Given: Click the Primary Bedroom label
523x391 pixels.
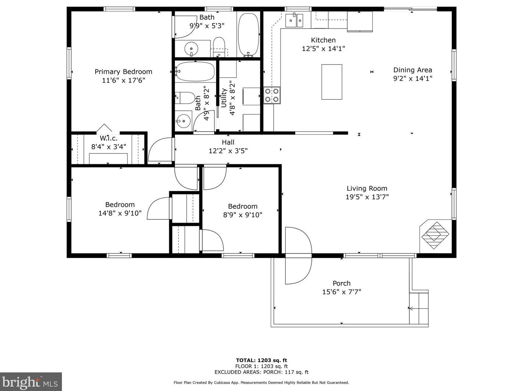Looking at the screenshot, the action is (x=123, y=72).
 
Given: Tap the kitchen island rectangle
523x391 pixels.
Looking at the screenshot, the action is (x=332, y=82).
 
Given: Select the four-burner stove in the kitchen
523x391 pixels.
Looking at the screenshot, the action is (x=272, y=95).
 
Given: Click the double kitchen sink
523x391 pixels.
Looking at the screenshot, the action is (x=294, y=21).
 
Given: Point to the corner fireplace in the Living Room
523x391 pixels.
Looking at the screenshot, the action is (x=436, y=235).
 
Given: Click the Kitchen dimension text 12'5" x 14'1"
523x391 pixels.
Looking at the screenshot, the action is (x=323, y=49).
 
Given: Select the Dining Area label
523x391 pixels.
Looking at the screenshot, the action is (x=413, y=70).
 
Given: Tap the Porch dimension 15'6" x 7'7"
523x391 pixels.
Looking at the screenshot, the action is (x=341, y=292).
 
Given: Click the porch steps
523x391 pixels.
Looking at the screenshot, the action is (x=418, y=308).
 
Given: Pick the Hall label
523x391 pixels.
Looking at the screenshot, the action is (x=228, y=142).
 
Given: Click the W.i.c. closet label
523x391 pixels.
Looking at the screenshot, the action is (x=109, y=138).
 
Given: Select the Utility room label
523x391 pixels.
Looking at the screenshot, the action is (x=223, y=98).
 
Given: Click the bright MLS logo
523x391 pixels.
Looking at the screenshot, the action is (x=31, y=382).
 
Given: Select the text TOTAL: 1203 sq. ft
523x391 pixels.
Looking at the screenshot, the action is (x=261, y=360).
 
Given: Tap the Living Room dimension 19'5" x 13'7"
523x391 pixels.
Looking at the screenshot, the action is (x=367, y=197).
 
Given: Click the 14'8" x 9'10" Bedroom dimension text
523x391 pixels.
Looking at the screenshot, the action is (x=120, y=213).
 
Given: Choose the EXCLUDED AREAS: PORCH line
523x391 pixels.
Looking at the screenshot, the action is (x=261, y=372).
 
